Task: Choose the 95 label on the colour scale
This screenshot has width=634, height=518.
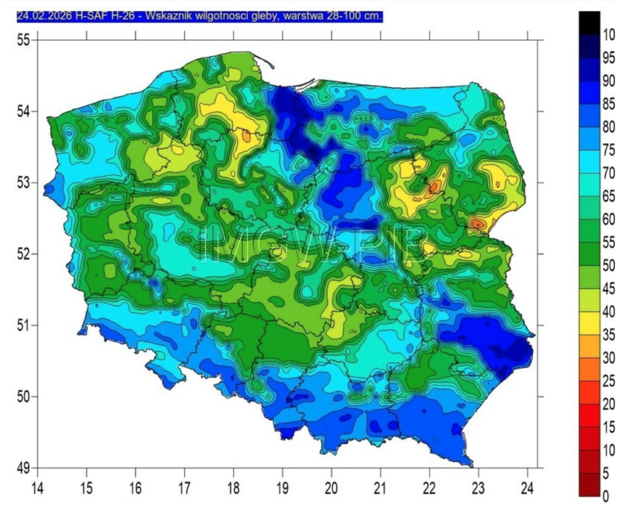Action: pos(609,58)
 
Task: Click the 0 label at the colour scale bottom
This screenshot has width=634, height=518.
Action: pos(606,495)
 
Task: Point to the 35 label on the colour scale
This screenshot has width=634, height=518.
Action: pos(609,335)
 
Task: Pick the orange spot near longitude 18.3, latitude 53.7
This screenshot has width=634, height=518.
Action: pos(246,136)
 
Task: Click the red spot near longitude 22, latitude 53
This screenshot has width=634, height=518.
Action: pos(433,186)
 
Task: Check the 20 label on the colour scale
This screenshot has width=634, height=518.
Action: pos(609,404)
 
